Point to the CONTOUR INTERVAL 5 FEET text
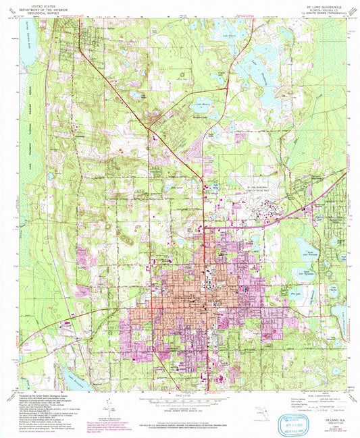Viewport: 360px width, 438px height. coord(180,408)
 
